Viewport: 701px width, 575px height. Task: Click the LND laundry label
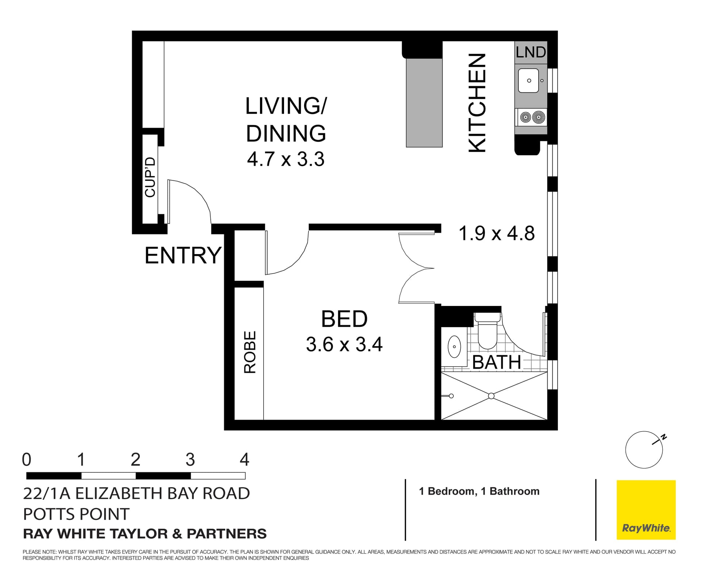[x=530, y=53]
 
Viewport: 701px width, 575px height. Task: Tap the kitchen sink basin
[x=528, y=81]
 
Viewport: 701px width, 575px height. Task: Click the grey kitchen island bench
[x=424, y=102]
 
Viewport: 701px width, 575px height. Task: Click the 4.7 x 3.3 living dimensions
[x=286, y=160]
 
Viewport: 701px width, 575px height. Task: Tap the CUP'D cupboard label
[x=150, y=177]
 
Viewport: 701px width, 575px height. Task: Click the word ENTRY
[x=183, y=255]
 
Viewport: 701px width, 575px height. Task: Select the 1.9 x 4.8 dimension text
[x=496, y=233]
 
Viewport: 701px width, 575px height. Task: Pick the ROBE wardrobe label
[x=250, y=352]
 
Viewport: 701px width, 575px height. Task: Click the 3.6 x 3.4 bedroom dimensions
[x=344, y=344]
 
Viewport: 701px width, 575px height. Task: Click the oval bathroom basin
[x=454, y=346]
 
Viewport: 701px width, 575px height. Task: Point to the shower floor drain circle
[x=491, y=396]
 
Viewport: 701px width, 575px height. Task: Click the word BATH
[x=496, y=363]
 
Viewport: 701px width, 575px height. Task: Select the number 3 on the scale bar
[x=190, y=460]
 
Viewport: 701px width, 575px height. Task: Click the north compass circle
[x=644, y=450]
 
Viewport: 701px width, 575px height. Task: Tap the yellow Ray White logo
[x=646, y=510]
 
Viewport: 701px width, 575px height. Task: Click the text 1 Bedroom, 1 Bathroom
[x=479, y=491]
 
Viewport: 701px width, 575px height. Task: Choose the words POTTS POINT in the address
[x=76, y=514]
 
